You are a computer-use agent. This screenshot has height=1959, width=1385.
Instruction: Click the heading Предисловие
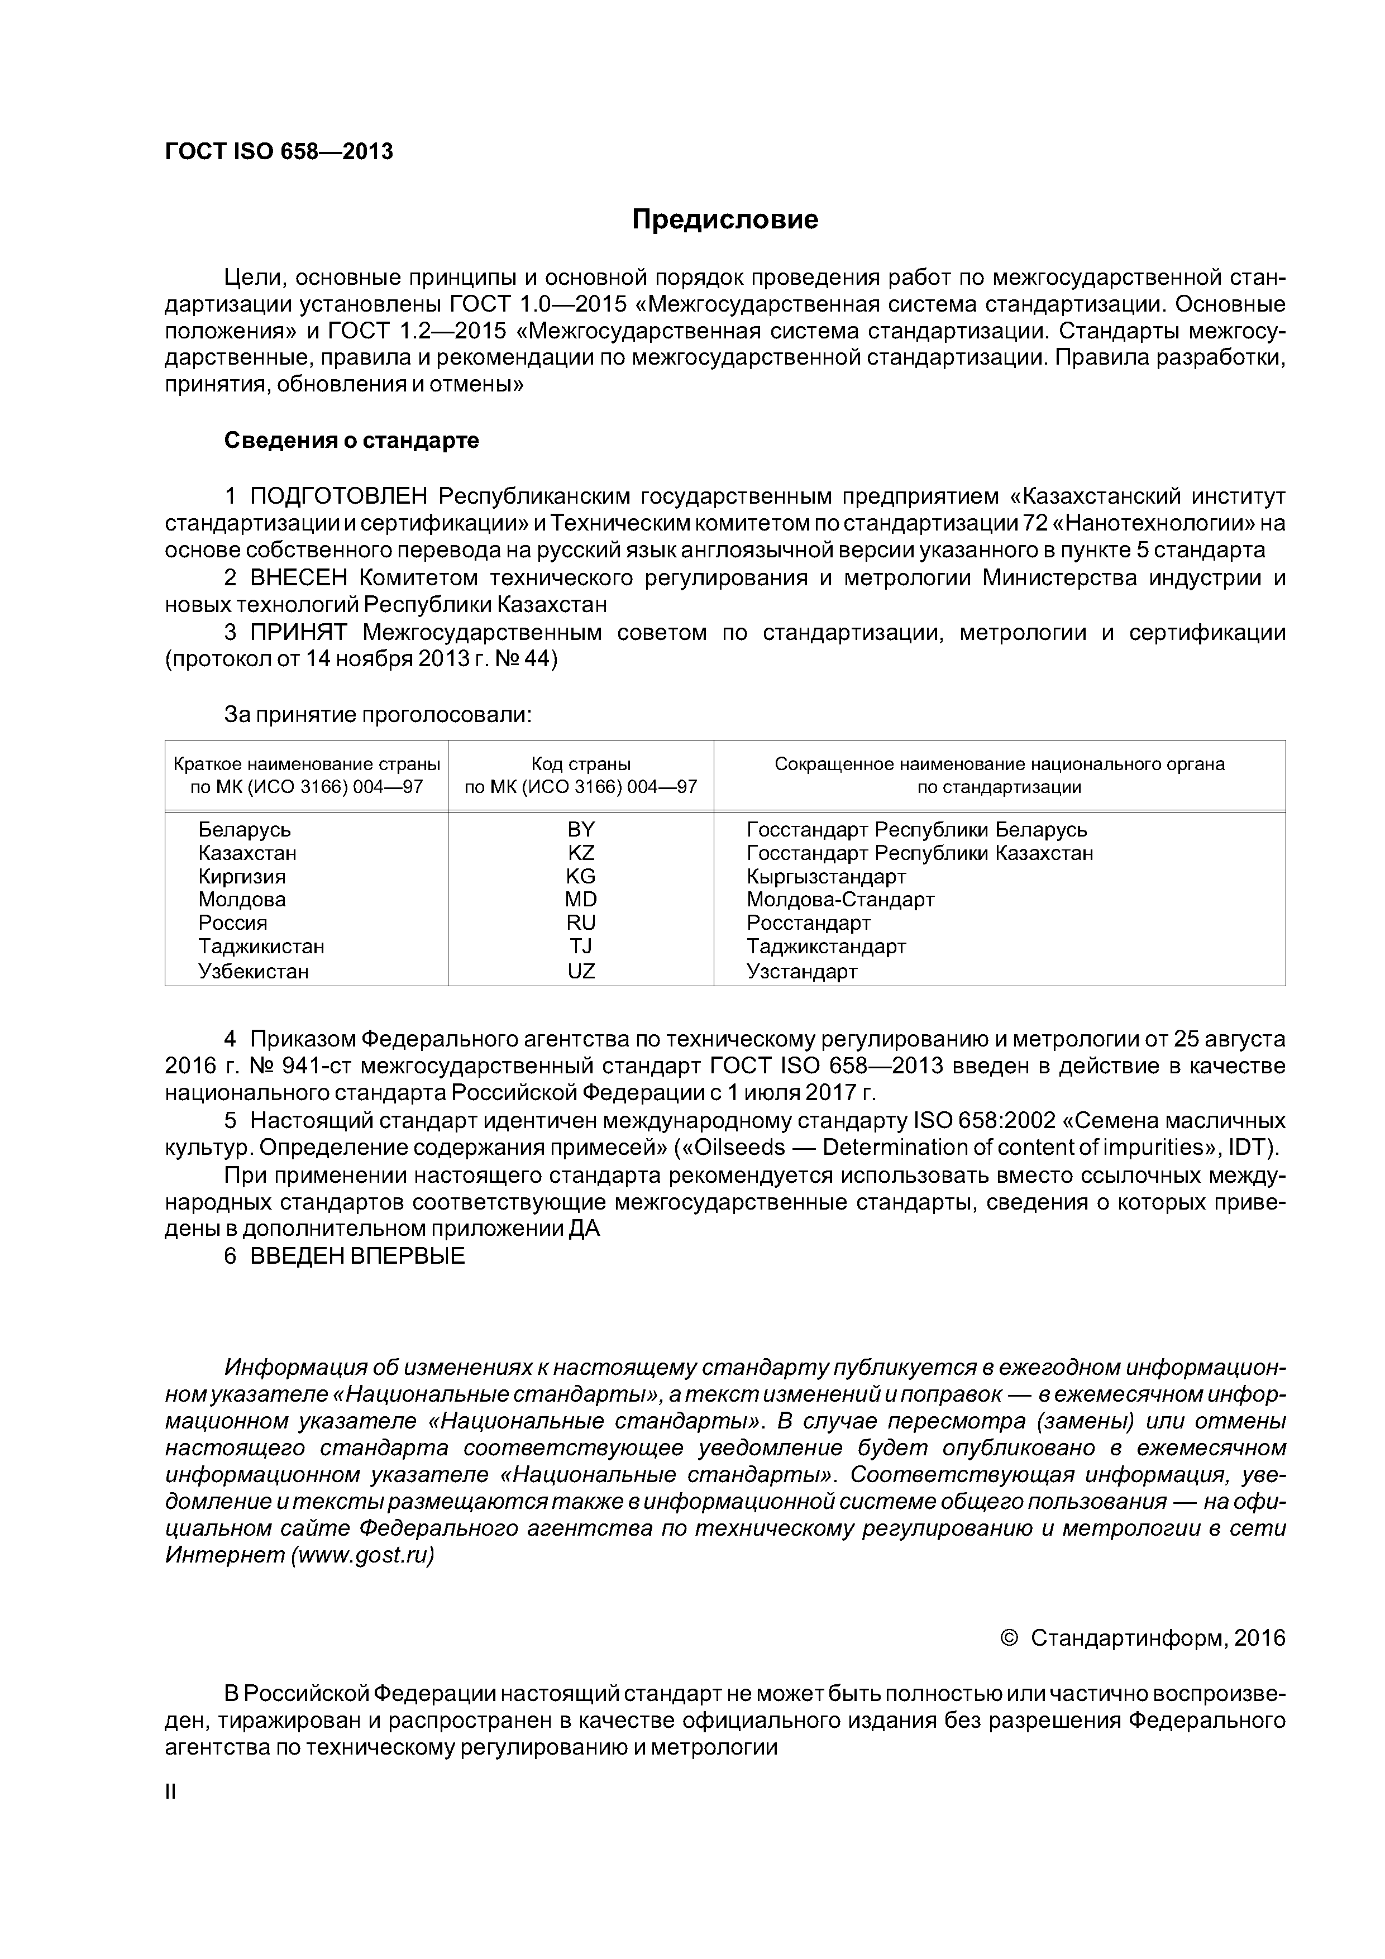(x=724, y=220)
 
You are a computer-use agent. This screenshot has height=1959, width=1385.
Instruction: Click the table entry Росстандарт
(x=808, y=923)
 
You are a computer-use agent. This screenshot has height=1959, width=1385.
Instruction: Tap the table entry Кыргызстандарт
(x=825, y=876)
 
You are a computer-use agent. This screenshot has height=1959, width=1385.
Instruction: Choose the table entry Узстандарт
(x=801, y=971)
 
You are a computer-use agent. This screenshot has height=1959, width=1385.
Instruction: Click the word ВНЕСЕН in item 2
(x=299, y=579)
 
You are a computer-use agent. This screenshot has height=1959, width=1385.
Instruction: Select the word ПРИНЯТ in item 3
(x=299, y=633)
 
